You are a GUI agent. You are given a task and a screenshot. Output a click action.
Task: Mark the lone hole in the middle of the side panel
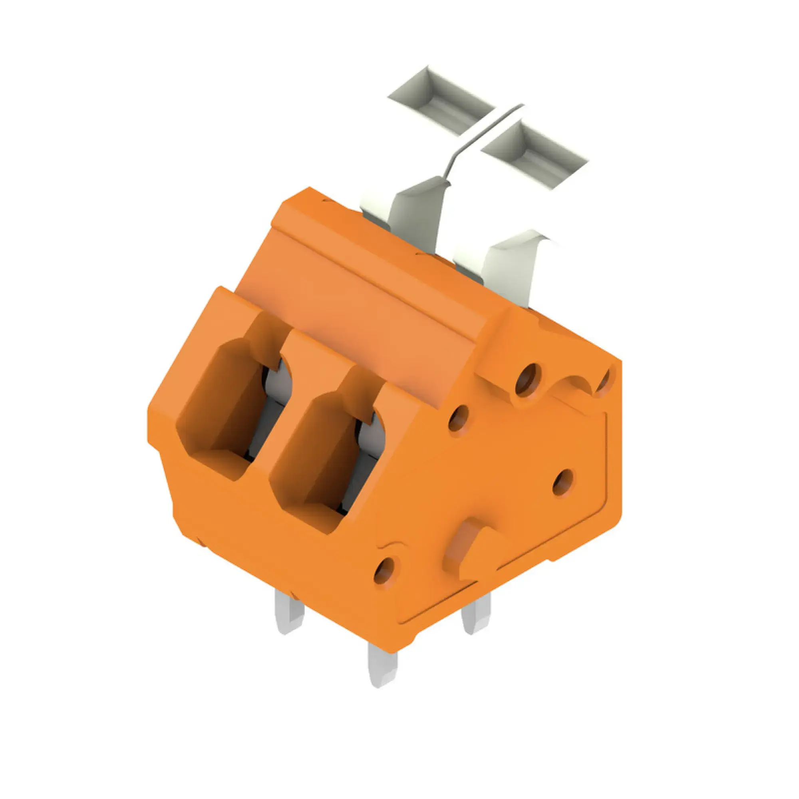tap(563, 482)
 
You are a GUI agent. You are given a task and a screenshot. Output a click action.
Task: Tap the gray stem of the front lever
tap(509, 269)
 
